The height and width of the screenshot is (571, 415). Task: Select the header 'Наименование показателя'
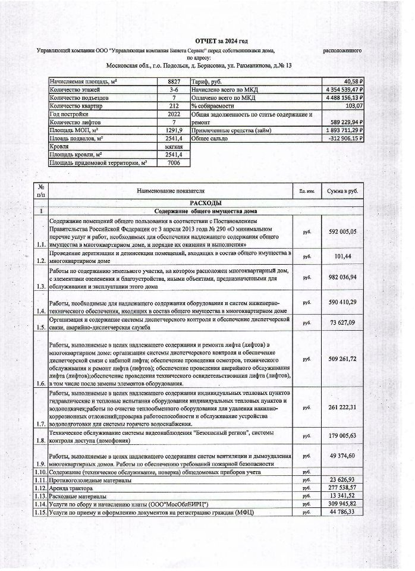click(170, 191)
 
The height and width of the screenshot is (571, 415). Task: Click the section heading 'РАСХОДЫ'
click(205, 203)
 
